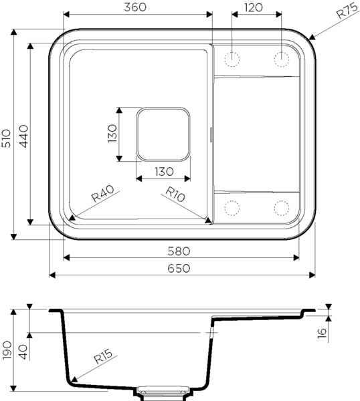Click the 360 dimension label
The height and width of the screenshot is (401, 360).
point(135,7)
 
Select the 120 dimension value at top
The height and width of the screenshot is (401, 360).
point(254,7)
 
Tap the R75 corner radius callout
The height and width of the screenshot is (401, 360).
point(347,11)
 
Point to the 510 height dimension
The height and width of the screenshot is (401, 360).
point(7,138)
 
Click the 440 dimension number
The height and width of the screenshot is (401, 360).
point(24,136)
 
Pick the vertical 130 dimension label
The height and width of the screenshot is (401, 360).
point(112,134)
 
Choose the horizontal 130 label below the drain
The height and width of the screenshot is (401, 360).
point(164,172)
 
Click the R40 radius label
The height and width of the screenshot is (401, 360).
point(102,193)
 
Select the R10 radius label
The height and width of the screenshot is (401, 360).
point(175,194)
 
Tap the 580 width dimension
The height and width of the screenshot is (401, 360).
point(179,251)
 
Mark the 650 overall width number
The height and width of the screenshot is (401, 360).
point(179,268)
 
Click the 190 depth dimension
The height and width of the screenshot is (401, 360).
point(7,350)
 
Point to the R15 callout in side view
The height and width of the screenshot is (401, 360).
point(103,356)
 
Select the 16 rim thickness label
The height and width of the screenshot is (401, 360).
point(323,333)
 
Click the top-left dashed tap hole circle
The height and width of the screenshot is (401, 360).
point(232,59)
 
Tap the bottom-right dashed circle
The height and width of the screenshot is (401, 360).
point(282,208)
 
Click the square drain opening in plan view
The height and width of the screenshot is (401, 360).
point(163,134)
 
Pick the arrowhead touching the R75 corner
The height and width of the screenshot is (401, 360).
point(312,37)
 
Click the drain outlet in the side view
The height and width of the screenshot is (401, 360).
point(163,394)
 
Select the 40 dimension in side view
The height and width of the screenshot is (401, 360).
point(24,352)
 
